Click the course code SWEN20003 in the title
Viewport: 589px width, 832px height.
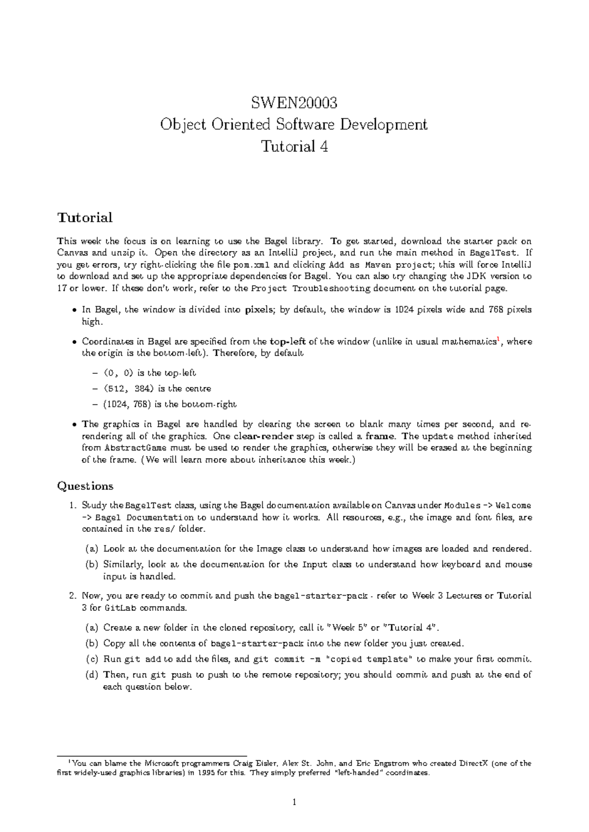(294, 103)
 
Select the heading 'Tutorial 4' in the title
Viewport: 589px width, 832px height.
(294, 146)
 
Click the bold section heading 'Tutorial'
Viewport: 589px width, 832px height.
(85, 217)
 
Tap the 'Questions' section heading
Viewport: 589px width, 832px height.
(85, 486)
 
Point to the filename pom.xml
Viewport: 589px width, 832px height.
(250, 265)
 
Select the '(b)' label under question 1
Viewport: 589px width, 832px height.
(91, 565)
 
